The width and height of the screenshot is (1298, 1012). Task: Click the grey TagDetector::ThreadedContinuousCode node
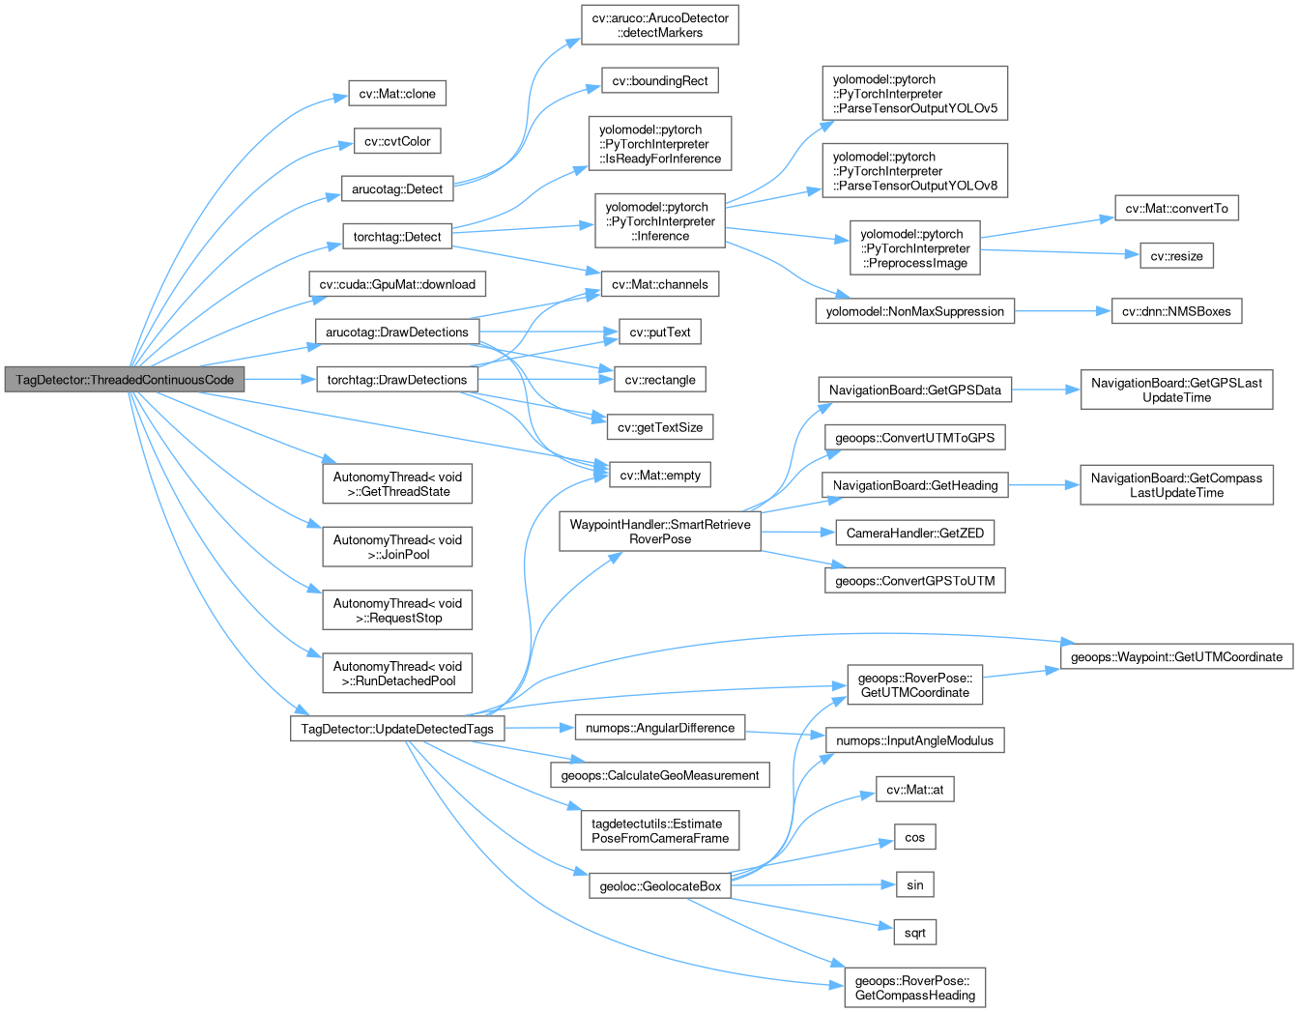(x=125, y=379)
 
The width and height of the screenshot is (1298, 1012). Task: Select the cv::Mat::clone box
(x=397, y=93)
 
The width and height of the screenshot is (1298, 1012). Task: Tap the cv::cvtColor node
(x=397, y=141)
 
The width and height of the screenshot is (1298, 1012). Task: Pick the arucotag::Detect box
(x=397, y=188)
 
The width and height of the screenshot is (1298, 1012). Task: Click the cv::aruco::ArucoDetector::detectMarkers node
(x=660, y=25)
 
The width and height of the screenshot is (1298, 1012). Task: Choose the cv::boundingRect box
(x=660, y=80)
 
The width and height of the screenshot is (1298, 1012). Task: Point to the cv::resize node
(x=1177, y=256)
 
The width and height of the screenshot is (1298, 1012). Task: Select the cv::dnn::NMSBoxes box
(x=1177, y=311)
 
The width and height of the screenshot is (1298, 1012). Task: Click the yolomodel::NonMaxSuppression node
(x=915, y=311)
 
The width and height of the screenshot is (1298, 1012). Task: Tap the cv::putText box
(x=660, y=332)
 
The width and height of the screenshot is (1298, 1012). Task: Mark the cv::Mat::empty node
(x=660, y=475)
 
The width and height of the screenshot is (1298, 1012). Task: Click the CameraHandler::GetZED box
(x=915, y=533)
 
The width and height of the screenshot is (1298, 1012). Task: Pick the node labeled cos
(x=915, y=837)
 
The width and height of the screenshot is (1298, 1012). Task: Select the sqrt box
(x=915, y=933)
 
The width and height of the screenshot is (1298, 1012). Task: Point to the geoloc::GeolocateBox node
(x=660, y=886)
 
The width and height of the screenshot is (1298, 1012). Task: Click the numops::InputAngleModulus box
(x=915, y=740)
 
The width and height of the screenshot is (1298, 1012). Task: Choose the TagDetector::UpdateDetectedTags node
(x=397, y=728)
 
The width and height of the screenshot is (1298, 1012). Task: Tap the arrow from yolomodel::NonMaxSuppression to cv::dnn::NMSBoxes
(x=1063, y=311)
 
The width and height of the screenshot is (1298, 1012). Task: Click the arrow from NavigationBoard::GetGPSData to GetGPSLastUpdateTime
(x=1046, y=390)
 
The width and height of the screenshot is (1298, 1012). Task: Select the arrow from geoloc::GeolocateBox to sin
(x=814, y=885)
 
